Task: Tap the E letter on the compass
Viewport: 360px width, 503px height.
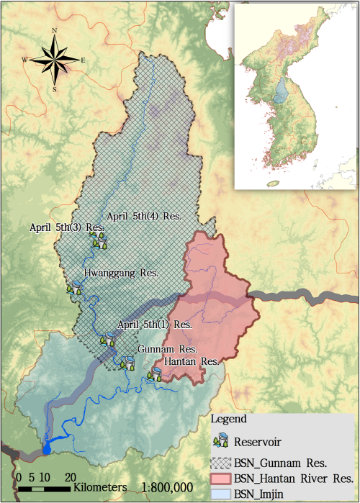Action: pyautogui.click(x=83, y=60)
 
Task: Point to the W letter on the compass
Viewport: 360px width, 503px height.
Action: pyautogui.click(x=25, y=60)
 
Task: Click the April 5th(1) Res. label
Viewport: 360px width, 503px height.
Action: pyautogui.click(x=154, y=325)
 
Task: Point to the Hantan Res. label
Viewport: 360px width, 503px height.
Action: pyautogui.click(x=191, y=361)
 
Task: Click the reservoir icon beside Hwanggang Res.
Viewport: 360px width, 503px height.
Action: pyautogui.click(x=75, y=289)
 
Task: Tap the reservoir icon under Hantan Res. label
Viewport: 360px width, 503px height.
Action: pyautogui.click(x=154, y=373)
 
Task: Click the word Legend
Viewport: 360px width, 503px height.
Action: pyautogui.click(x=229, y=418)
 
